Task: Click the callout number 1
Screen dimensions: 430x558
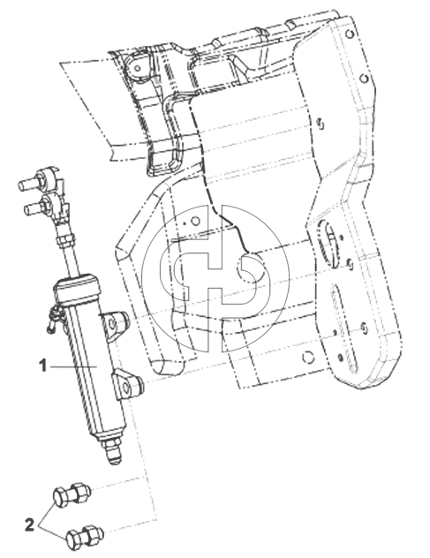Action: (43, 366)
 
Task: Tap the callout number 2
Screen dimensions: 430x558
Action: (29, 524)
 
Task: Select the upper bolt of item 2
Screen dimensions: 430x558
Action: (72, 494)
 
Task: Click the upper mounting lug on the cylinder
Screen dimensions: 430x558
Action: (114, 323)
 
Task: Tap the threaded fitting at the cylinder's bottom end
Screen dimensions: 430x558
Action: (111, 452)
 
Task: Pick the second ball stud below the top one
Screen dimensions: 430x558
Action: (44, 204)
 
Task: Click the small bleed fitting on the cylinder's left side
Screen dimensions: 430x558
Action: (54, 320)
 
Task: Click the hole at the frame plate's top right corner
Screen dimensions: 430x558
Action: (350, 34)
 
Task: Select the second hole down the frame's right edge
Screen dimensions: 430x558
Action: (364, 78)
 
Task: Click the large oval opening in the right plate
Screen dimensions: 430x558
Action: (328, 244)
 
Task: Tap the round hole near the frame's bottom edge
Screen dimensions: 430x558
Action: (308, 358)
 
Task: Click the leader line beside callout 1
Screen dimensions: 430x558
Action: (73, 366)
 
